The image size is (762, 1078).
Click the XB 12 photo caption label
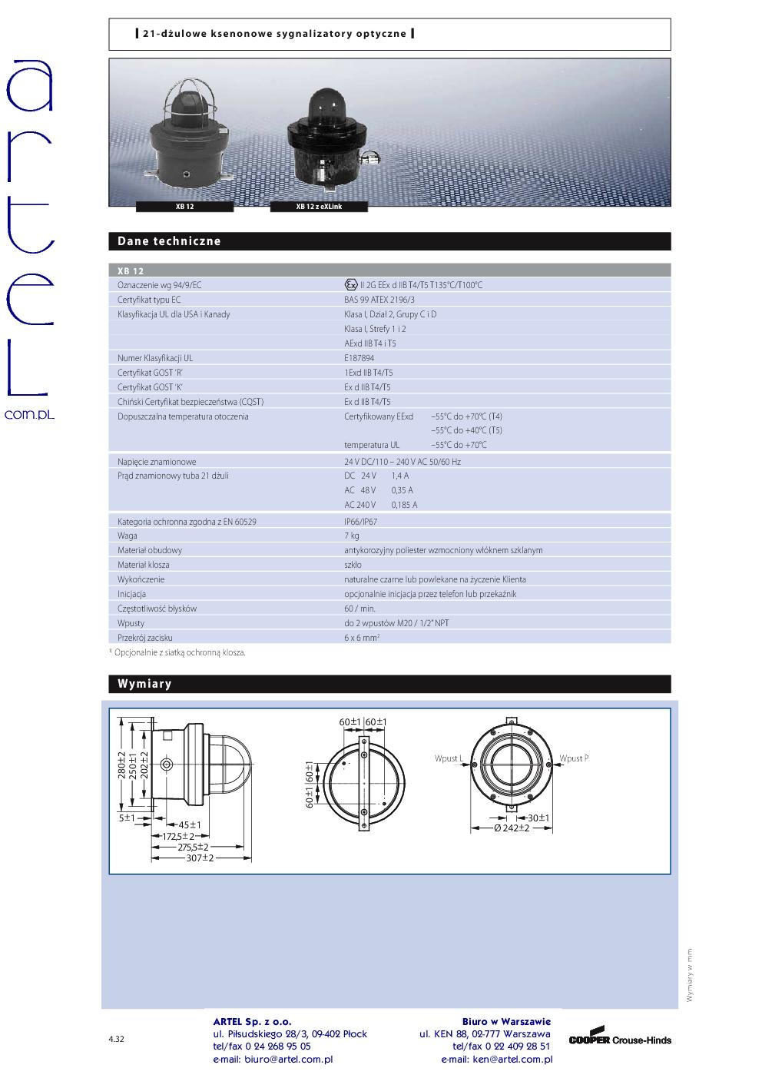pos(184,207)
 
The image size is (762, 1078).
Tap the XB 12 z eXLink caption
pos(319,207)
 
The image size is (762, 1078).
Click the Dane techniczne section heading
pos(169,241)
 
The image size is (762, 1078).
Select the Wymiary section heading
pos(144,684)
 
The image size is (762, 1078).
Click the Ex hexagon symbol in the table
pos(351,285)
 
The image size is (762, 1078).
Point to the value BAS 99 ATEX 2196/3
pos(379,300)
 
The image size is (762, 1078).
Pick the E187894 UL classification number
pos(359,358)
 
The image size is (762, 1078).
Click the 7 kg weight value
pos(352,536)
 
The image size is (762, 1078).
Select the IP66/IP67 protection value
pos(361,522)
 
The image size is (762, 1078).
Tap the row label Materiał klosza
pos(144,565)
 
